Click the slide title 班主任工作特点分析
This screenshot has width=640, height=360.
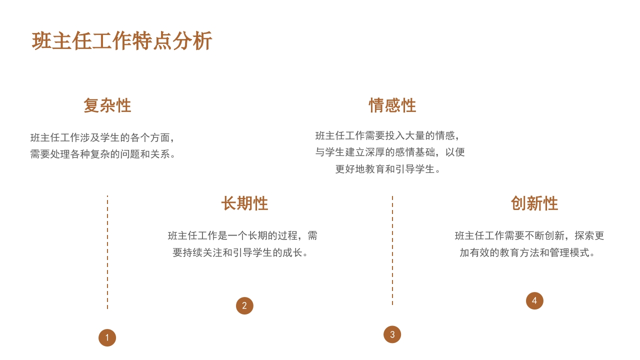(121, 41)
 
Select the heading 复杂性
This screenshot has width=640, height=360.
(107, 105)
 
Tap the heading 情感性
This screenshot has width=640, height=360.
(392, 105)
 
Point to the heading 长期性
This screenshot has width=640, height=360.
(244, 203)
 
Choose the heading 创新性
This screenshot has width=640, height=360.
(534, 203)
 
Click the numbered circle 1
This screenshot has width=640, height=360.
(107, 337)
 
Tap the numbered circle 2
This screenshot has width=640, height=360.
(244, 305)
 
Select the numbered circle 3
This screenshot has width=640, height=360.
(392, 334)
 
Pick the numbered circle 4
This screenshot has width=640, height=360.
(534, 300)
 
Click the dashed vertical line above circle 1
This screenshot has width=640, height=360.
(107, 252)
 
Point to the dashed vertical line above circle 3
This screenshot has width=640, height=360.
(392, 250)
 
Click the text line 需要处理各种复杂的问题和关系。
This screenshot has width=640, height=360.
(103, 154)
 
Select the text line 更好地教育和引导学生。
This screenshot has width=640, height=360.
(387, 169)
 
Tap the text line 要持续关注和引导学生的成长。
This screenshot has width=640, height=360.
(240, 252)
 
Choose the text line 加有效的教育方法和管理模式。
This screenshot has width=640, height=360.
(527, 252)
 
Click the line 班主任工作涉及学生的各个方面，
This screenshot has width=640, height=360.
(102, 137)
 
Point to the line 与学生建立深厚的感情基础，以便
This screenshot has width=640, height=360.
(390, 152)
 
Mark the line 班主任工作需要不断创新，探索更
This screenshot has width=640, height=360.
(529, 235)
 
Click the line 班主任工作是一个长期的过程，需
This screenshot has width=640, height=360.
(242, 235)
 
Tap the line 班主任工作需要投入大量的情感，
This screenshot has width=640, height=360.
(387, 135)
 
